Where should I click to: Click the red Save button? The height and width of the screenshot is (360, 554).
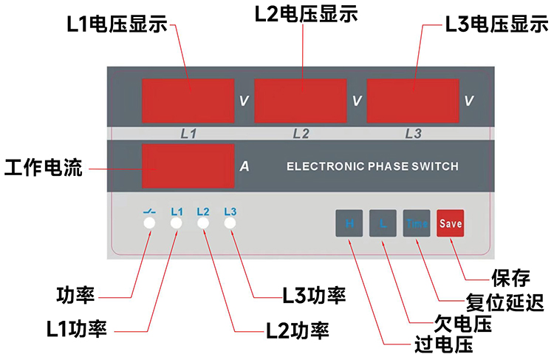[x=450, y=223]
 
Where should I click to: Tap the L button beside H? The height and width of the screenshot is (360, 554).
[x=383, y=223]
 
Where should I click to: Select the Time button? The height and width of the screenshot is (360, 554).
[x=417, y=223]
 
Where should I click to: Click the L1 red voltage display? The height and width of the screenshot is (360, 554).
[x=188, y=101]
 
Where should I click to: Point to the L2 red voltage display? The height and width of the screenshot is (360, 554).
[x=300, y=101]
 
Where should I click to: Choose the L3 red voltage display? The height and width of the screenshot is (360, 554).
[x=412, y=101]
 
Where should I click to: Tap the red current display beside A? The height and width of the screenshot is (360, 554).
[x=188, y=166]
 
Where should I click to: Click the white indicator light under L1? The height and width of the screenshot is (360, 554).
[x=177, y=223]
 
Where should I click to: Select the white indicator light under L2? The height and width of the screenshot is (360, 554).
[x=203, y=223]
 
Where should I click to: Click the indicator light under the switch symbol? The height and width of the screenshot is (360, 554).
[x=149, y=223]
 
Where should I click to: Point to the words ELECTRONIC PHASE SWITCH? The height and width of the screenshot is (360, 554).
[x=372, y=166]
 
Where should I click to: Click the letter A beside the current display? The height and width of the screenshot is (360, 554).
[x=244, y=167]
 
